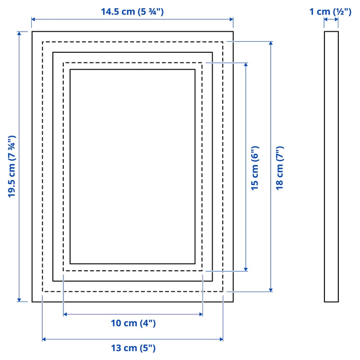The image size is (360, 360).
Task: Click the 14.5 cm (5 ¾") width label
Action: pos(132,12)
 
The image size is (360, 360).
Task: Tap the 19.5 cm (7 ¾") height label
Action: pos(12,167)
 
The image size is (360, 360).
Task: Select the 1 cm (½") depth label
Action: pos(330,12)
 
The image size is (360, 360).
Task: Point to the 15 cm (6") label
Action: pos(255,168)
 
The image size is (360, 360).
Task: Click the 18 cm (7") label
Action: pos(280,168)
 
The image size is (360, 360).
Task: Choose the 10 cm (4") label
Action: pos(133,323)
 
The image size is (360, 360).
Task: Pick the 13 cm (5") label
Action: pos(133,348)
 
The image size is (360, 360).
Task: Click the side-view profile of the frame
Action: pos(331,167)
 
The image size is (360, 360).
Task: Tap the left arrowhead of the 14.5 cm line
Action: pos(33,19)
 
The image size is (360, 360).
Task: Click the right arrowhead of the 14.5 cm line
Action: pos(231,19)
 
